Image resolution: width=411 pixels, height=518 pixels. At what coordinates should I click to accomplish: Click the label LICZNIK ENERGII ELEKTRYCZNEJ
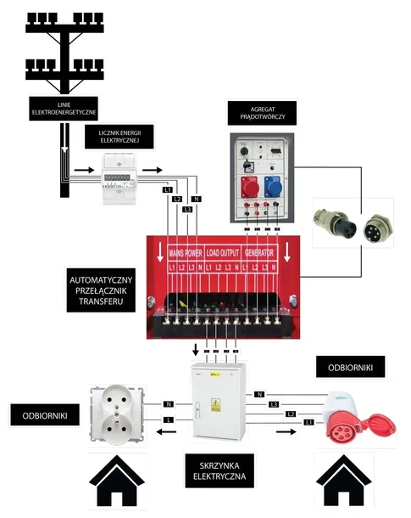pyautogui.click(x=119, y=139)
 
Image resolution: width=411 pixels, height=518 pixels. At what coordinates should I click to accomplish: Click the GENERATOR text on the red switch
pyautogui.click(x=264, y=252)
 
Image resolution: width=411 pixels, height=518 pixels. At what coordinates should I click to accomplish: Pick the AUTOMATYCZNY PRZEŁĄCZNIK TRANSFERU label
pyautogui.click(x=101, y=290)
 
